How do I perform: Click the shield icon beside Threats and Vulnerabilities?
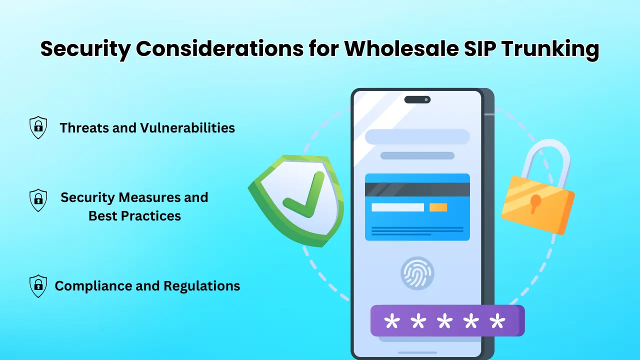pyautogui.click(x=38, y=127)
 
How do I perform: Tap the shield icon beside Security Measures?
pyautogui.click(x=38, y=200)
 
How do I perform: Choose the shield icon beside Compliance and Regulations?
pyautogui.click(x=38, y=286)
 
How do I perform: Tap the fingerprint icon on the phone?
pyautogui.click(x=417, y=273)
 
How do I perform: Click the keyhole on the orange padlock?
pyautogui.click(x=535, y=202)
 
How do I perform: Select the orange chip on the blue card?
pyautogui.click(x=438, y=207)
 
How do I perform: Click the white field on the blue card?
pyautogui.click(x=397, y=207)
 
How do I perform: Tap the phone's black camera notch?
pyautogui.click(x=417, y=99)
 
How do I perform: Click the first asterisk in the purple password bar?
pyautogui.click(x=391, y=321)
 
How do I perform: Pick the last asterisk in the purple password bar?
pyautogui.click(x=497, y=321)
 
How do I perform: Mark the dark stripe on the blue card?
pyautogui.click(x=417, y=189)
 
